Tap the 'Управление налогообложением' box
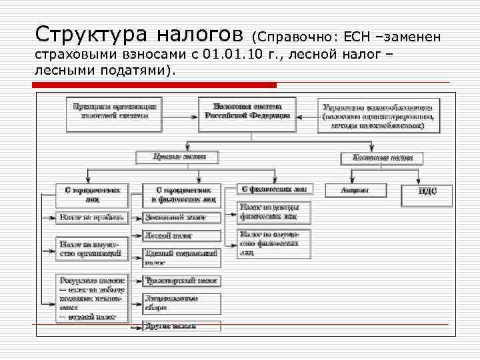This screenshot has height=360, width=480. tap(377, 115)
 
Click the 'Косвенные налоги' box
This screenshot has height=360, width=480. tap(381, 158)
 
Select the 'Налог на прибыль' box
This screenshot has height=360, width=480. tap(90, 217)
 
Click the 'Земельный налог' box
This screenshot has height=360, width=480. tap(181, 217)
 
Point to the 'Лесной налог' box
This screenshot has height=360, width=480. tap(181, 235)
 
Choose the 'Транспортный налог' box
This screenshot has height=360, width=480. tap(181, 281)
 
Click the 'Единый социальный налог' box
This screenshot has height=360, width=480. tap(181, 257)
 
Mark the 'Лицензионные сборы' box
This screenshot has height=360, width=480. tap(181, 303)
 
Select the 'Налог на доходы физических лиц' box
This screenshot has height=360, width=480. tap(275, 212)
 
